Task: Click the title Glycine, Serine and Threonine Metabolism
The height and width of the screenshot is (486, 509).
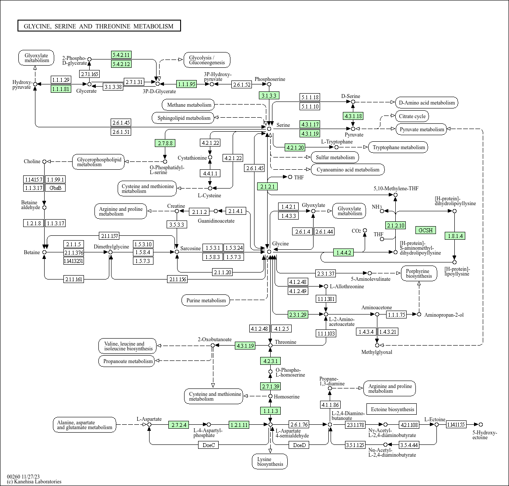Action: (99, 26)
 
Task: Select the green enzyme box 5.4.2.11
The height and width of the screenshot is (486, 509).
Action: (122, 55)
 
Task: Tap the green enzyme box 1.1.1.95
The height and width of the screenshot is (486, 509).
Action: (186, 84)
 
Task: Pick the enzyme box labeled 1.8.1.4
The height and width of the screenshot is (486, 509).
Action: (454, 236)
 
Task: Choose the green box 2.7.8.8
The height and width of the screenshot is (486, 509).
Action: (165, 143)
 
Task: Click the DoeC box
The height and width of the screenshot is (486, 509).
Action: (208, 445)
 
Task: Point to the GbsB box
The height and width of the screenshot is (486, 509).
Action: (56, 188)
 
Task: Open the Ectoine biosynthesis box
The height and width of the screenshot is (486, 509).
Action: (392, 409)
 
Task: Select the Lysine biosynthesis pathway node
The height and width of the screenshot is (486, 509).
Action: (270, 462)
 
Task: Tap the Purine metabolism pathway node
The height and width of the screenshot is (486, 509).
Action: (206, 301)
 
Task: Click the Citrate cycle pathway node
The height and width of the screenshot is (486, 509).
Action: (412, 116)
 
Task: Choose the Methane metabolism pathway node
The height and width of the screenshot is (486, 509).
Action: (189, 105)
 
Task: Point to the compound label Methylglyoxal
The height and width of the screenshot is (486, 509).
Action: (377, 352)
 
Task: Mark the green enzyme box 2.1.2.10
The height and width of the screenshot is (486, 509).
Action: (395, 225)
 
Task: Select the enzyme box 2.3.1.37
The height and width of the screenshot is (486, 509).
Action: (326, 273)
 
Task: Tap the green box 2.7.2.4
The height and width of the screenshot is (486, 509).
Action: (179, 425)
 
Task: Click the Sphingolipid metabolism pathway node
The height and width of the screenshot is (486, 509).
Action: (184, 118)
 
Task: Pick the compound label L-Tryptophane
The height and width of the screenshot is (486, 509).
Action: (337, 142)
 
